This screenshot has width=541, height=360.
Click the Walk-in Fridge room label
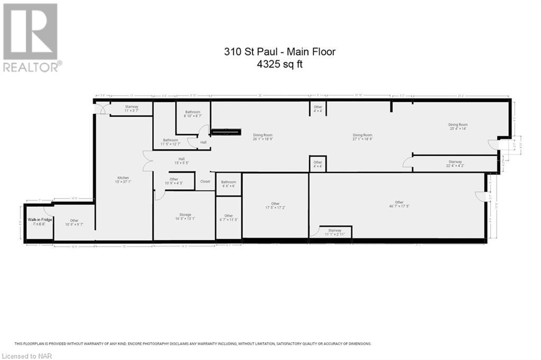point(36,222)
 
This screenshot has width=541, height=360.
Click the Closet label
point(205,181)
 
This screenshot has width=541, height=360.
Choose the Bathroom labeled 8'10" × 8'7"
point(192,114)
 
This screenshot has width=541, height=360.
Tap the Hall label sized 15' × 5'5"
point(181,161)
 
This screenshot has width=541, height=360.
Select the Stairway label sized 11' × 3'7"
point(131,108)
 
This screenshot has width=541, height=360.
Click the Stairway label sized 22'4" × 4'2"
point(455,164)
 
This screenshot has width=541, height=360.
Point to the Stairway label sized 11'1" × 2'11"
point(334,232)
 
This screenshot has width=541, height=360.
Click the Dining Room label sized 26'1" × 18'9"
point(263,137)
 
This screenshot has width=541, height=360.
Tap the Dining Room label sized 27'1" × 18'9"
point(362,137)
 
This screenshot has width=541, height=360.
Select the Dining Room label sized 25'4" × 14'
point(458,127)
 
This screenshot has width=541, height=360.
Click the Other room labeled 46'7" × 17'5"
point(399,204)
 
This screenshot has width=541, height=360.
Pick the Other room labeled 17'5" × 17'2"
point(275,206)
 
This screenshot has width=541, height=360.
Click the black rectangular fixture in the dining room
point(226,132)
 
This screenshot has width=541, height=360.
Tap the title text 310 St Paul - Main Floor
point(279,52)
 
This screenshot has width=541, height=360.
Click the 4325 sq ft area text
point(279,64)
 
